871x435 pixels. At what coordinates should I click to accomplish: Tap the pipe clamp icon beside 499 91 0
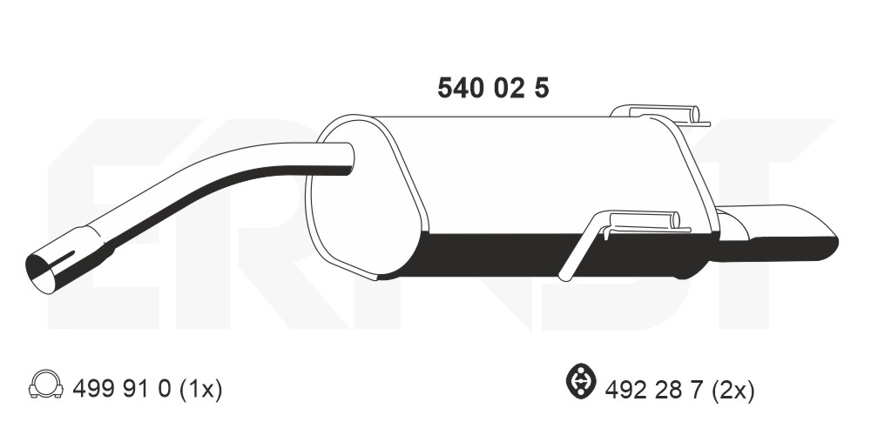(x=44, y=385)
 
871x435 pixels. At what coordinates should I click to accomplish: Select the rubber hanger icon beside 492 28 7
(x=580, y=385)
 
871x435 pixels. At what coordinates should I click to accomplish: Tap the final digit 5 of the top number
(x=541, y=88)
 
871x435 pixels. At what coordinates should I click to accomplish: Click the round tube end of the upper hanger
(x=694, y=114)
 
